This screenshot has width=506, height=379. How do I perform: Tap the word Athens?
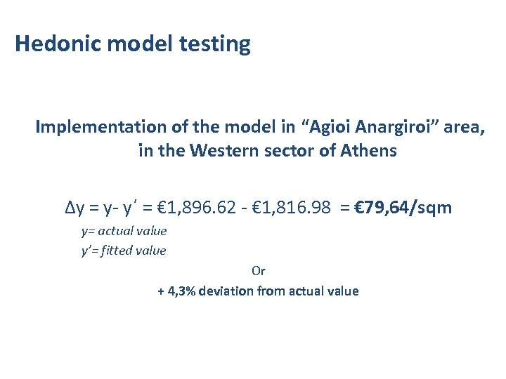coord(369,151)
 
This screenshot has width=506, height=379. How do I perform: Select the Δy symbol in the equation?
coord(73,208)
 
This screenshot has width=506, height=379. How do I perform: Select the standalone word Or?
coord(258,270)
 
